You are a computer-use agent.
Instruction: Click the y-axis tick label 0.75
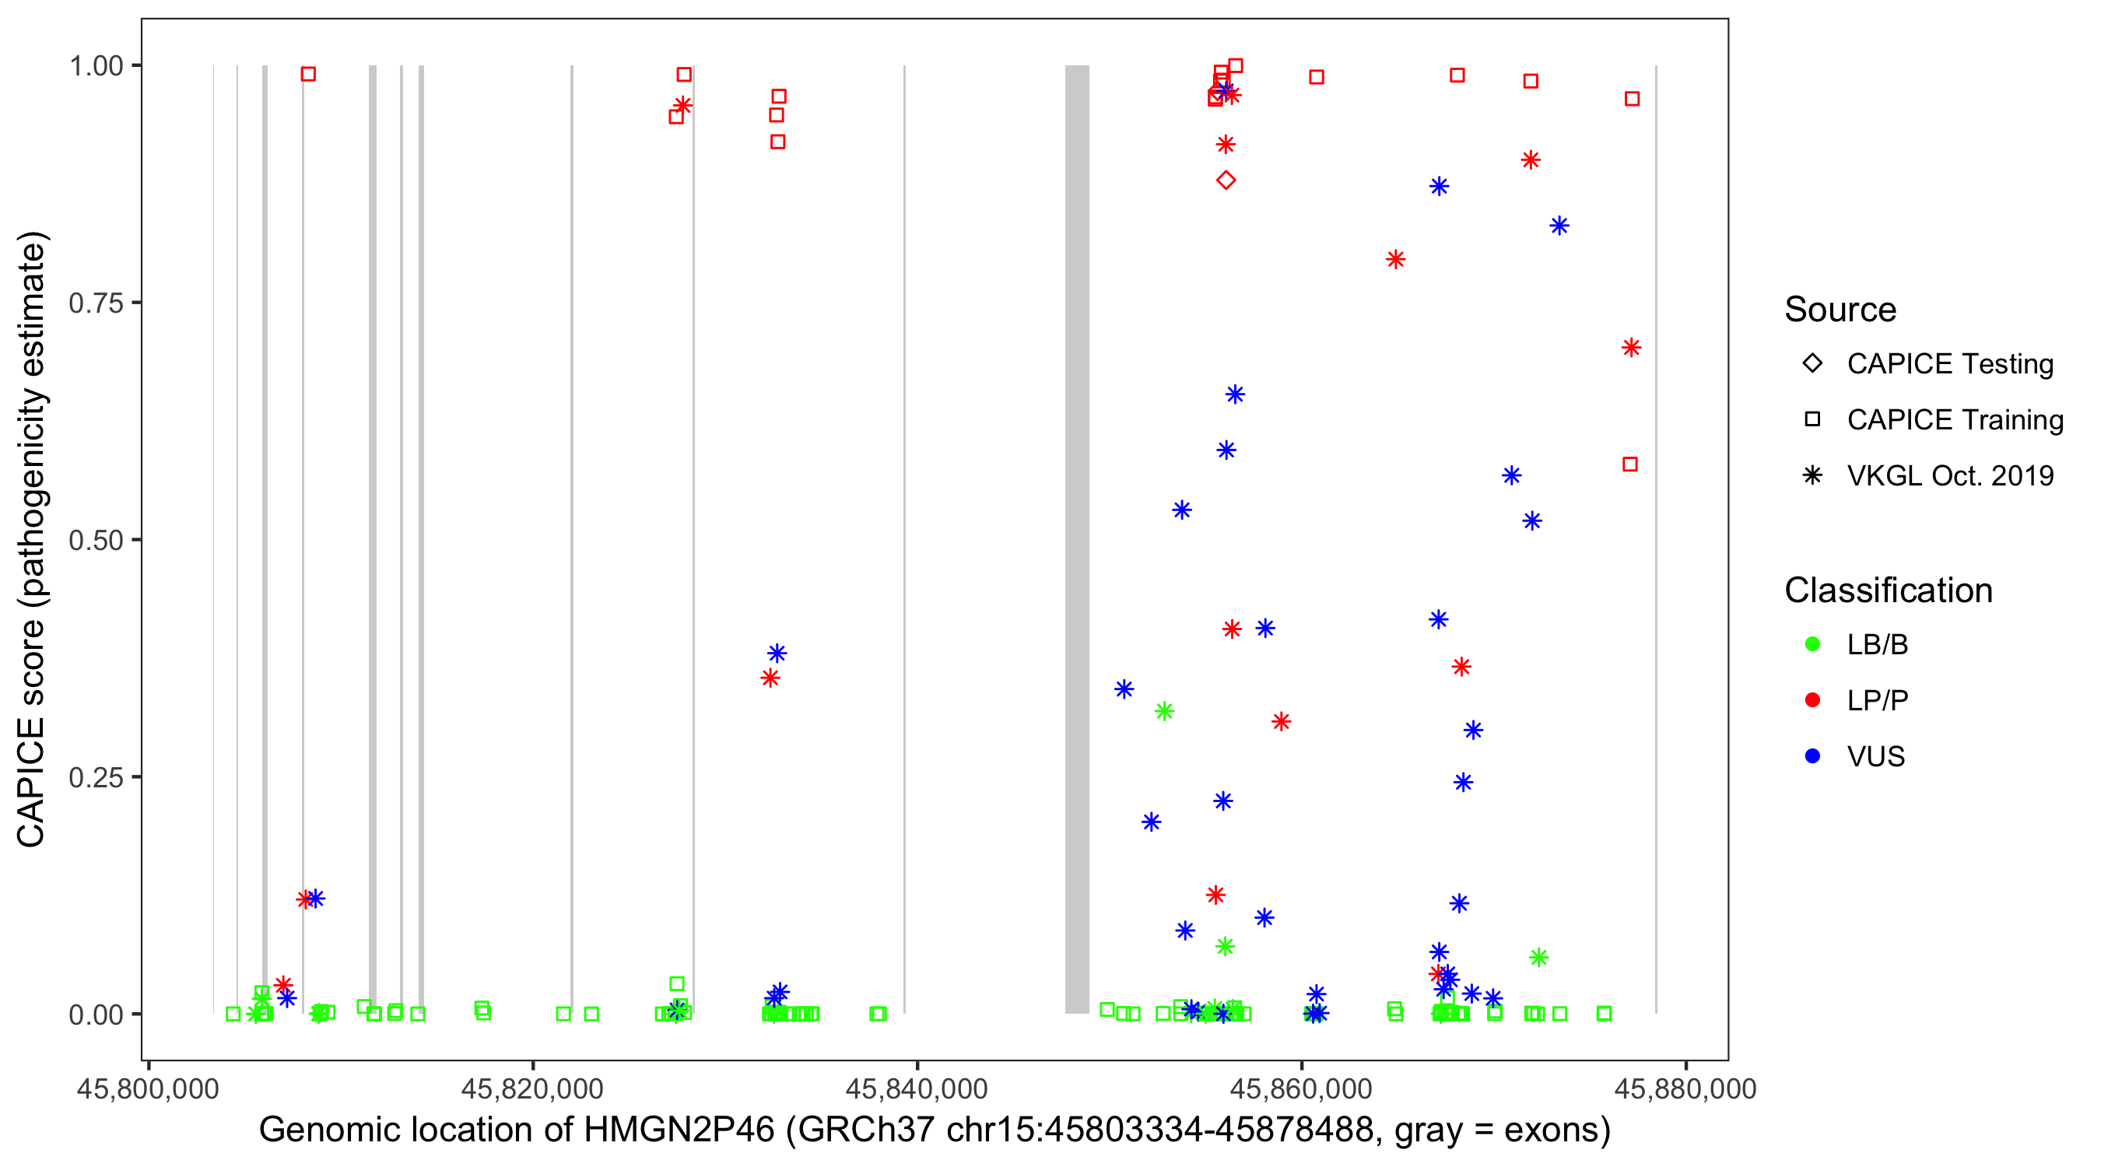95,303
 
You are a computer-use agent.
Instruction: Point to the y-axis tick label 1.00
95,66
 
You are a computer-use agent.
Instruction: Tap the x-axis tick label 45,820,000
531,1088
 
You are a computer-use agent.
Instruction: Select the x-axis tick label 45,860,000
1301,1088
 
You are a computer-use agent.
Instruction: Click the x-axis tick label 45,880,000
1685,1088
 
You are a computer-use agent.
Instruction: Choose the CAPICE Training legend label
1954,420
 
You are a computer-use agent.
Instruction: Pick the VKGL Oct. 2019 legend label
1949,476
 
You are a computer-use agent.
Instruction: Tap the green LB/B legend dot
1812,644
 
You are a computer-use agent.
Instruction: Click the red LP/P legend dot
1812,700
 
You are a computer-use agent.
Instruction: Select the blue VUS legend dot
1812,757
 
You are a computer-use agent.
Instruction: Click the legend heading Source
1840,310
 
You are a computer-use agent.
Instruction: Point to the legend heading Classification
1887,591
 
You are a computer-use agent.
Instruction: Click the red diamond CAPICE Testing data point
1225,180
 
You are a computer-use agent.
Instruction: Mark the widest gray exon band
1077,538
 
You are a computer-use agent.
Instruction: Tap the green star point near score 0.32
1164,711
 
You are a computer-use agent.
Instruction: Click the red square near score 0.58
1629,464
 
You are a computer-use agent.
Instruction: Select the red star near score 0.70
1630,349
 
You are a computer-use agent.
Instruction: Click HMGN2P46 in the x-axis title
679,1130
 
